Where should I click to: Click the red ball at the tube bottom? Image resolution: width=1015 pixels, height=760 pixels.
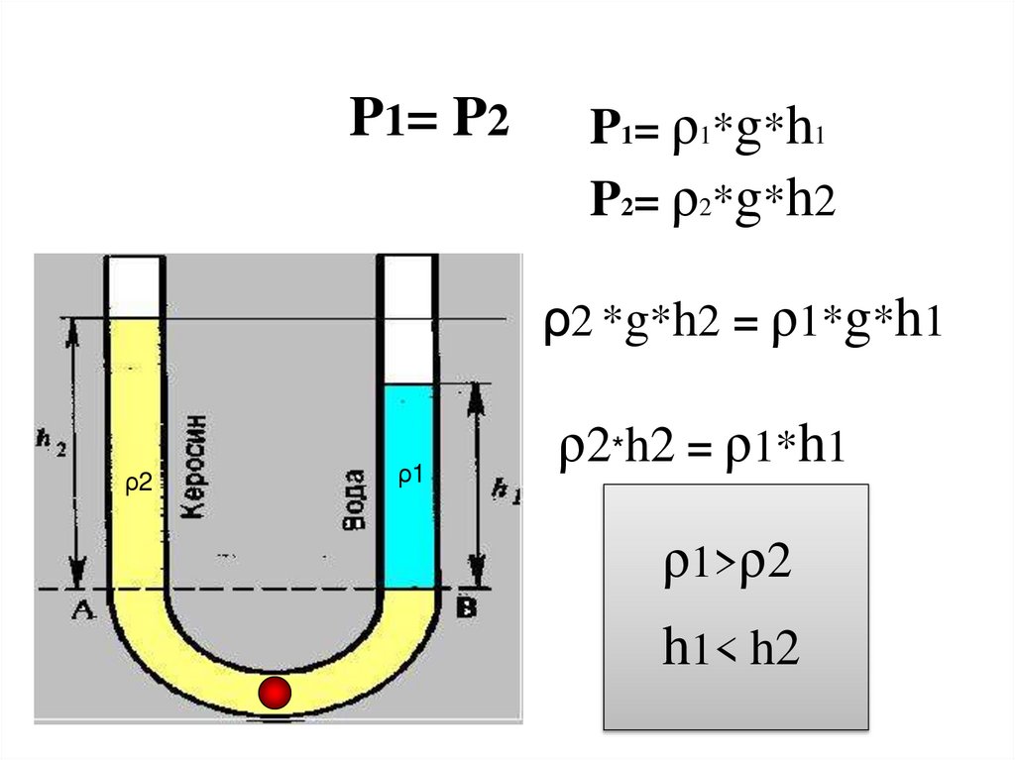(x=275, y=693)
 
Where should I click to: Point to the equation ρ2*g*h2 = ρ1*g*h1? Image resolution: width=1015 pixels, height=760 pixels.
(x=741, y=324)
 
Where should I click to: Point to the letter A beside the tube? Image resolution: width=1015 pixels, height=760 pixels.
(x=80, y=610)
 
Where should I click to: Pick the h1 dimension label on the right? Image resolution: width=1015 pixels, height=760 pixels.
(x=506, y=488)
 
